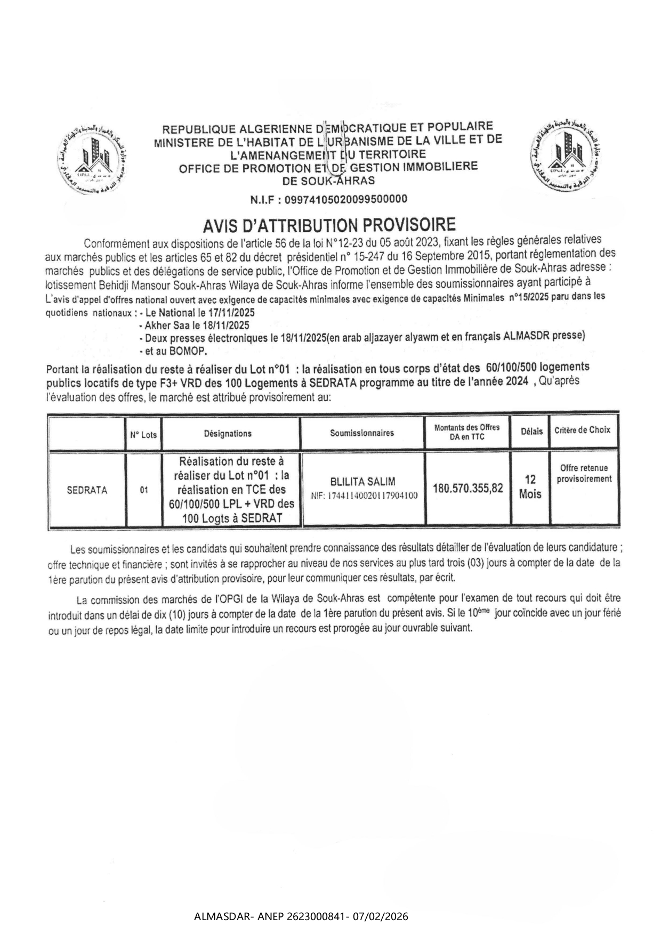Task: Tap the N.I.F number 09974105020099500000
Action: click(x=346, y=199)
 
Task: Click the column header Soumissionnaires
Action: click(x=362, y=433)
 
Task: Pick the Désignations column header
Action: click(x=228, y=433)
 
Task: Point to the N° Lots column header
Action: click(x=143, y=434)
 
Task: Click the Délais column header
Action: click(x=531, y=431)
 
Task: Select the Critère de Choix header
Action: click(x=583, y=430)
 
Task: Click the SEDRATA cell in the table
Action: click(x=87, y=490)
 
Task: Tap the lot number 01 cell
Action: click(x=144, y=490)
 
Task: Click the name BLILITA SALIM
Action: click(x=363, y=482)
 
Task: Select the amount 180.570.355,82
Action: click(x=468, y=488)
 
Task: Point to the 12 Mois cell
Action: click(x=530, y=487)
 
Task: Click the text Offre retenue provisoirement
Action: click(x=584, y=473)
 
